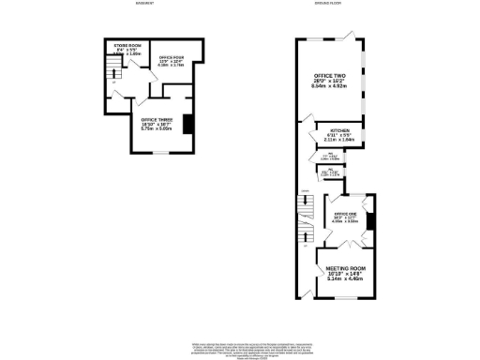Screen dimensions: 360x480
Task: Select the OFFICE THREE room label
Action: coord(156,120)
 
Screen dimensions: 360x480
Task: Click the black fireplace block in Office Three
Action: coord(187,124)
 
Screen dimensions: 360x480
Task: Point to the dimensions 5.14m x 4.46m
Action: coord(345,278)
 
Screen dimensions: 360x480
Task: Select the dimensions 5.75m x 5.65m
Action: coord(156,130)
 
